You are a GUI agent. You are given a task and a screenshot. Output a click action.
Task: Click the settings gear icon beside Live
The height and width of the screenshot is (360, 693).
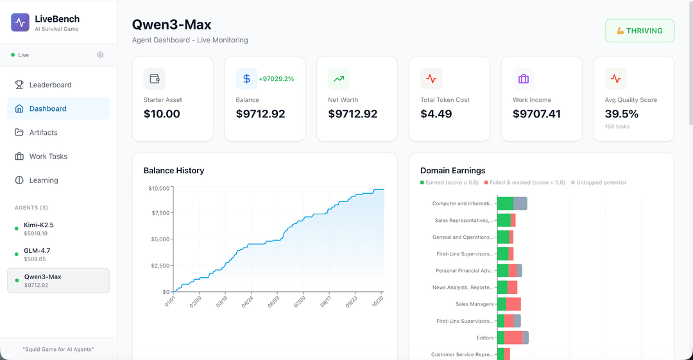coord(100,55)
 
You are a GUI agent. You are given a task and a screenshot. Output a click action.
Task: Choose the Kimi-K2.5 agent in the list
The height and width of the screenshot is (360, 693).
coord(39,228)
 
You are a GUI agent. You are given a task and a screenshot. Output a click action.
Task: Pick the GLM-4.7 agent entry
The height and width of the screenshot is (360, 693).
coord(37,254)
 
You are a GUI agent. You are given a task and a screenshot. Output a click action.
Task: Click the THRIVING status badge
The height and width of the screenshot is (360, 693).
coord(640,31)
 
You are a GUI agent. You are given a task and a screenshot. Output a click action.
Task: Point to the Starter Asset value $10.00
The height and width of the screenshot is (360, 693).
coord(162,114)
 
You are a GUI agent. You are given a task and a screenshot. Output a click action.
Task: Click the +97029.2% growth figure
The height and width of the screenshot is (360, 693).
coord(276,79)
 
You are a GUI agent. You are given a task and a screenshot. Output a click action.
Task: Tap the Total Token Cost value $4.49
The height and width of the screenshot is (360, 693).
coord(436,114)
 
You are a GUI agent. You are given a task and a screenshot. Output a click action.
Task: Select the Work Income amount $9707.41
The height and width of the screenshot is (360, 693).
coord(536,114)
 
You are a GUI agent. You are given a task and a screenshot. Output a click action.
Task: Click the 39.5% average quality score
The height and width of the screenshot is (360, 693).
coord(621,114)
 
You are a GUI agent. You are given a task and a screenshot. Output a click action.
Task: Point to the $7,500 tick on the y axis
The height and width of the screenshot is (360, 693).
coord(160,213)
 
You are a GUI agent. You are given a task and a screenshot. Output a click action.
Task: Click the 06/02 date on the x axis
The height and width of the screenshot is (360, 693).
coord(273,302)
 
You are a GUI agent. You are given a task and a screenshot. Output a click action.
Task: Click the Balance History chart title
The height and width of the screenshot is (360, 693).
coord(174,171)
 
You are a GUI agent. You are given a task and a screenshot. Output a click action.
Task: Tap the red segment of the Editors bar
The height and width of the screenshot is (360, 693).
coord(513,338)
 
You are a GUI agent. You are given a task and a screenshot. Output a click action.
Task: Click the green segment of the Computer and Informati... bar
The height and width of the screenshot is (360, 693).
coord(505,203)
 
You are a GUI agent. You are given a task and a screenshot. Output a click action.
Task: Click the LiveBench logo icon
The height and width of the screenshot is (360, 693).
coord(21,22)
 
